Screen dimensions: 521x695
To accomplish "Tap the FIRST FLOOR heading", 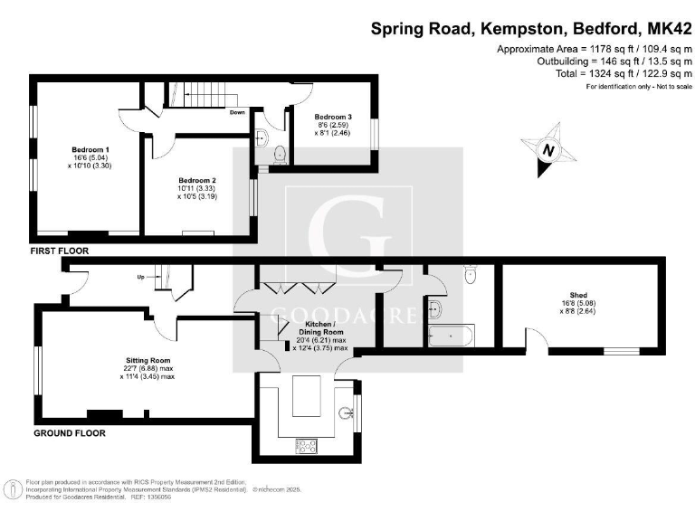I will (60, 251).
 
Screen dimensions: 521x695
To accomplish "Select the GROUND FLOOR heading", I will (70, 433).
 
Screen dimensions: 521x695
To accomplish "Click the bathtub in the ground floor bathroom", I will (449, 336).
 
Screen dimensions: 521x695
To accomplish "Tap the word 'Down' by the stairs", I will (237, 113).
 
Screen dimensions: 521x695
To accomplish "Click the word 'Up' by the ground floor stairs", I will (140, 276).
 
